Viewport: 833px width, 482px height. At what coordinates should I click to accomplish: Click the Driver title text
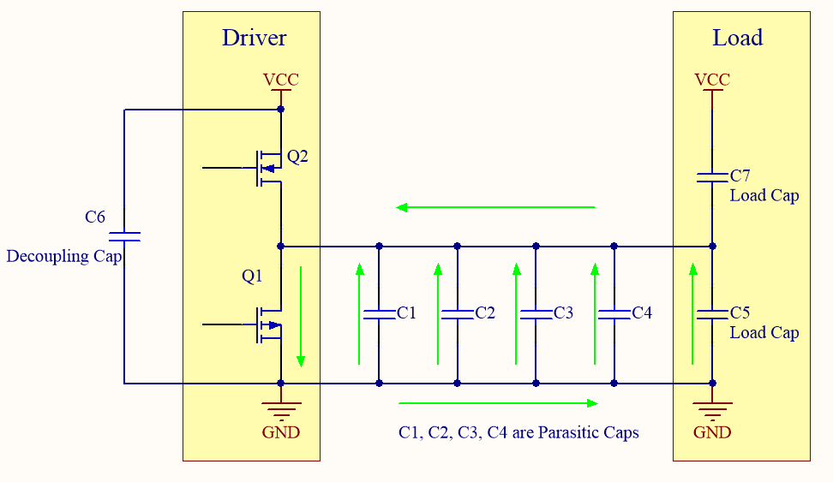[254, 38]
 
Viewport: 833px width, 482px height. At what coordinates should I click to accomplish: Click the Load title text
[737, 38]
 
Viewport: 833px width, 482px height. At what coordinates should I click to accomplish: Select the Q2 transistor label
[297, 157]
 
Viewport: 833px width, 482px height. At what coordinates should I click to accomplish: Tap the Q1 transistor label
[252, 277]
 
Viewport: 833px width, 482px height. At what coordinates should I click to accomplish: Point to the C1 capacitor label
[406, 313]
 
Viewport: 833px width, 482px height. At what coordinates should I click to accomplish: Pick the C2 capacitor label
[485, 313]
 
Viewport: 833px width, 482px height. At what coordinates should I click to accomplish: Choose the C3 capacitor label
[563, 313]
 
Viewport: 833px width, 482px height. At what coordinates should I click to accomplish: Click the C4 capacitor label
[642, 313]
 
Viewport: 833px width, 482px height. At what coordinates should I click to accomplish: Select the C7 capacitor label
[740, 176]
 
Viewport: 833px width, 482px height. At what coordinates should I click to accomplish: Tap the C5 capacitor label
[740, 313]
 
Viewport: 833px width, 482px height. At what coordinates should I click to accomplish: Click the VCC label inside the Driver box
[281, 80]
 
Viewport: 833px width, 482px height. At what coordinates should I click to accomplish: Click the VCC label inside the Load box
[712, 80]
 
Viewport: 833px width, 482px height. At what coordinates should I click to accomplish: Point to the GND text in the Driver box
[281, 432]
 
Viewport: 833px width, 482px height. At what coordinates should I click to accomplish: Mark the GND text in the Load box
[712, 432]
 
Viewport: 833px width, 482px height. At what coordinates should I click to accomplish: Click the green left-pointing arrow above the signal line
[494, 207]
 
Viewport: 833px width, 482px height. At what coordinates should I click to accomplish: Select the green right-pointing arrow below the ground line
[498, 402]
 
